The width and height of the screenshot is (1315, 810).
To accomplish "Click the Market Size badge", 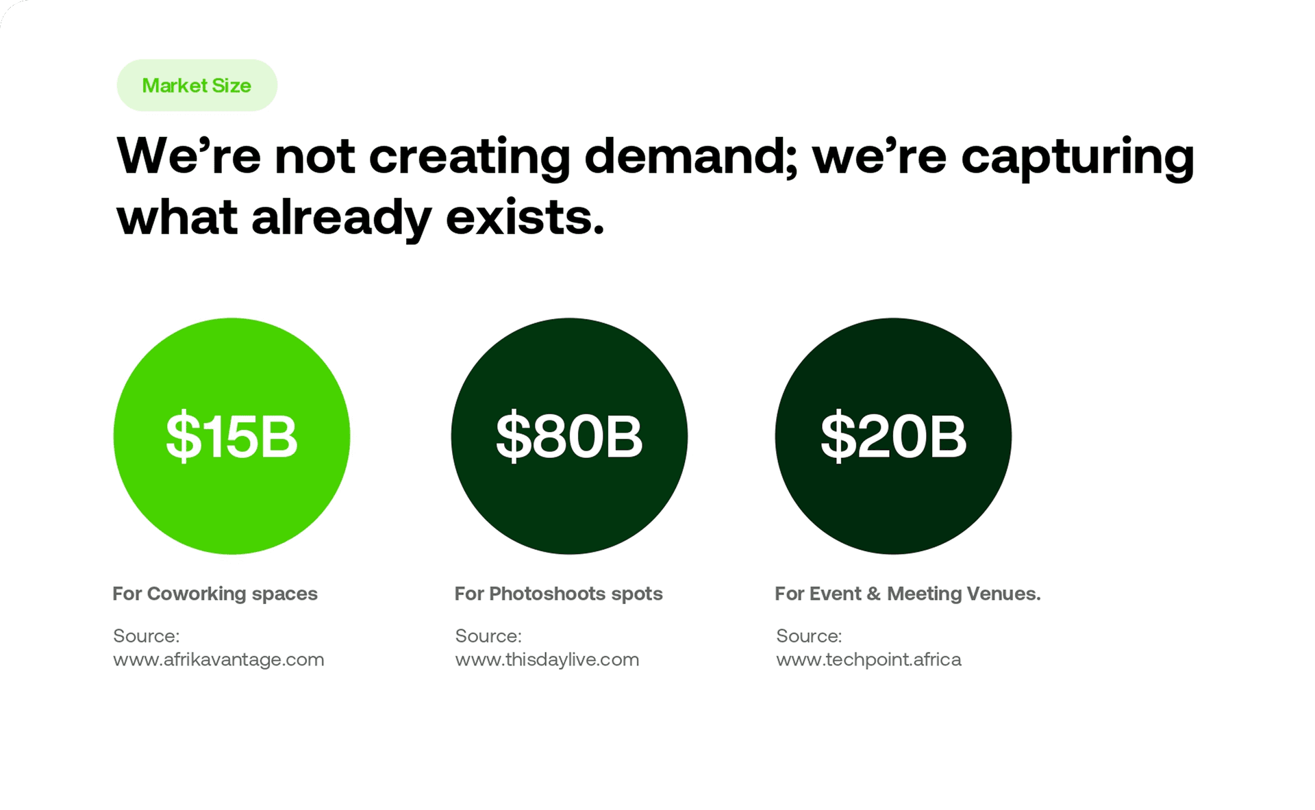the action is (x=197, y=86).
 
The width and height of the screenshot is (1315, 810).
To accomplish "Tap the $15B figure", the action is (x=232, y=436).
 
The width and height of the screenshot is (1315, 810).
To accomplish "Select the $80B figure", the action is (x=569, y=436).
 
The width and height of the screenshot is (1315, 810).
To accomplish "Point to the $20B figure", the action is (x=894, y=436).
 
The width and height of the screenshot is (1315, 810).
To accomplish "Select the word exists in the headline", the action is (x=525, y=218).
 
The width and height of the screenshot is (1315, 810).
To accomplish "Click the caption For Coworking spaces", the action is (x=215, y=594).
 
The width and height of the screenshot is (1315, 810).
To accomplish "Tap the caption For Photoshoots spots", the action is (x=559, y=594).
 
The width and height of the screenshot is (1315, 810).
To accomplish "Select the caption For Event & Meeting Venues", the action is (x=907, y=594).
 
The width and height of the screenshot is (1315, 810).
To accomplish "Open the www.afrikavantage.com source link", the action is (x=218, y=659).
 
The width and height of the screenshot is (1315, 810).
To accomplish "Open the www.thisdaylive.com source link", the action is (x=547, y=659).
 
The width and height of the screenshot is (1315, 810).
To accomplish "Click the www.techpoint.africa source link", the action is (x=868, y=659).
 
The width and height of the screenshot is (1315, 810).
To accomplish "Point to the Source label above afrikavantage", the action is (x=146, y=636).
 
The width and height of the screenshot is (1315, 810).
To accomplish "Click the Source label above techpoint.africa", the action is (x=809, y=636).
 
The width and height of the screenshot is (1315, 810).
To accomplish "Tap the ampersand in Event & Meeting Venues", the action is (x=873, y=594).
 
